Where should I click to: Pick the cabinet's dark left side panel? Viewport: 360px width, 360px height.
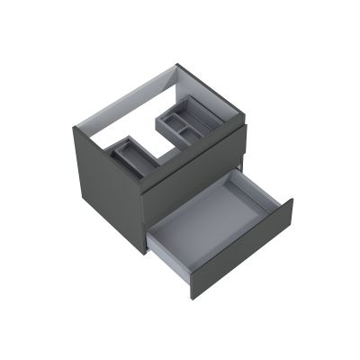(108, 184)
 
